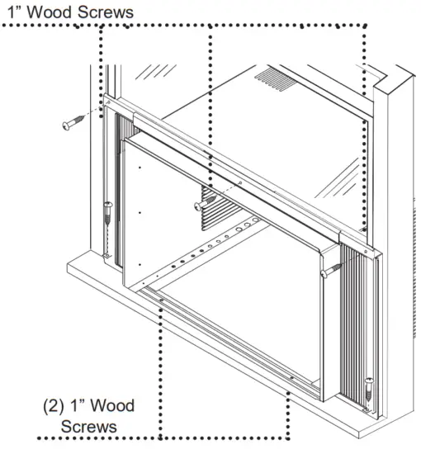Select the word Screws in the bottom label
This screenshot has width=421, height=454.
(x=89, y=428)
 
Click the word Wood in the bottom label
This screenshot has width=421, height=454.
(x=111, y=407)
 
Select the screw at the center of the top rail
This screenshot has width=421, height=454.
(x=198, y=206)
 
